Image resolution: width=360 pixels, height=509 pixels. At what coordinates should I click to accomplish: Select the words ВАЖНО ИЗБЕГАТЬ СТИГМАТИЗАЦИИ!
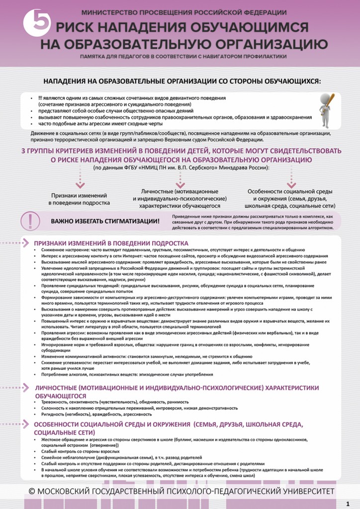pyautogui.click(x=105, y=221)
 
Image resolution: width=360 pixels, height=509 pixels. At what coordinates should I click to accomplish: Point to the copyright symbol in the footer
pyautogui.click(x=31, y=491)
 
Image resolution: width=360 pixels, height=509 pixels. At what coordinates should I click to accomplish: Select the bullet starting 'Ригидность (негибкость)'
pyautogui.click(x=96, y=414)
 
